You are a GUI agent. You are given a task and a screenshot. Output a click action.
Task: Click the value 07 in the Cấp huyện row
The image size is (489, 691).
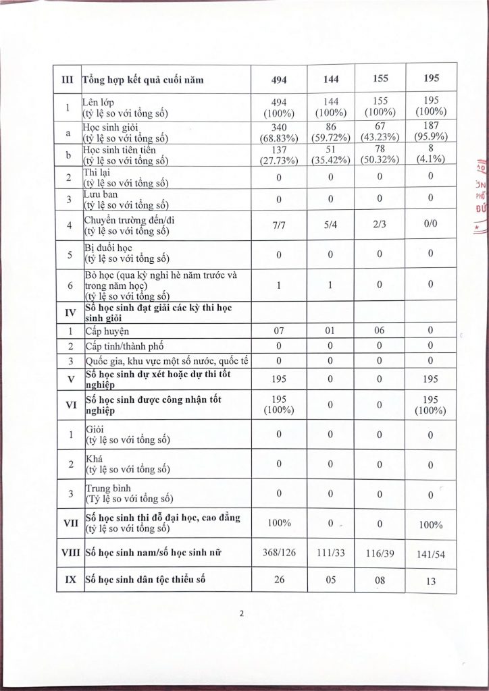pos(279,332)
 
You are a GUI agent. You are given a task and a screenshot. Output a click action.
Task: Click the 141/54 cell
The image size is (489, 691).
pos(432,555)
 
